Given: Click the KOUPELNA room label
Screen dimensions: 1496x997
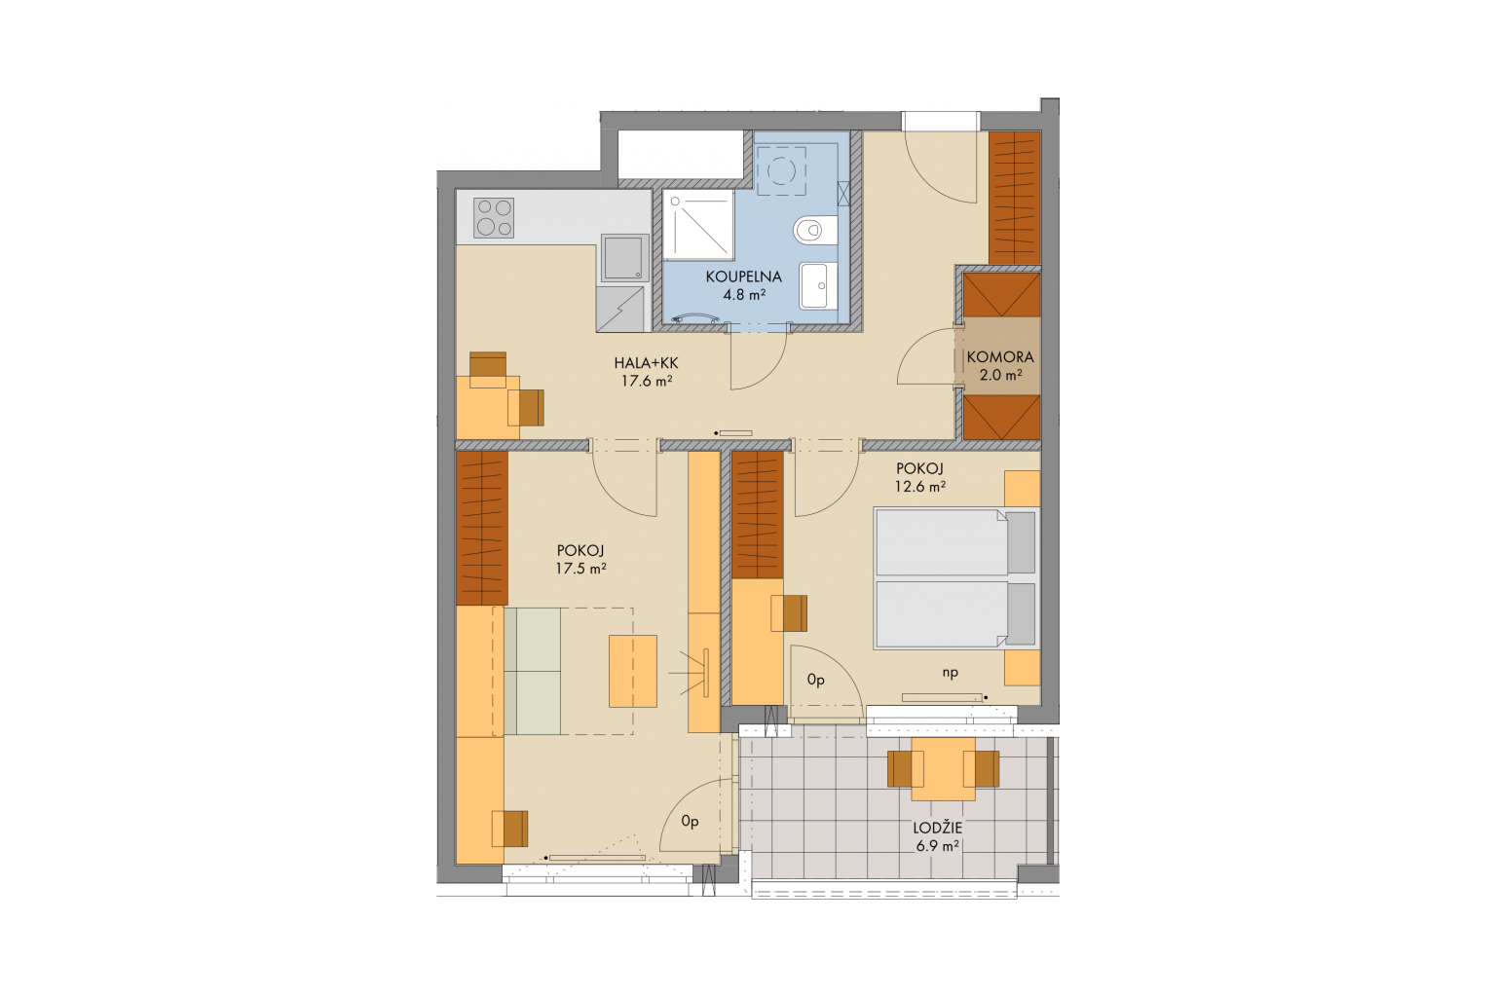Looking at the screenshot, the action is [743, 277].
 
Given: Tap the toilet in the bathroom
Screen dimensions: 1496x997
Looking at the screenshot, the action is [815, 231].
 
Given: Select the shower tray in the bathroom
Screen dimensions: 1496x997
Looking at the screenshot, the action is [698, 224].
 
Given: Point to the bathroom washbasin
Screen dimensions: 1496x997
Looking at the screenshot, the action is [819, 286].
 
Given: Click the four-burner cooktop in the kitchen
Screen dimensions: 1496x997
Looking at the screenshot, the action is [494, 218].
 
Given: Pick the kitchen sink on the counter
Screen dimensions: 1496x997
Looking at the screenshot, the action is [624, 257].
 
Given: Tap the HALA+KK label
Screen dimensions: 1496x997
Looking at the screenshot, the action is [646, 363].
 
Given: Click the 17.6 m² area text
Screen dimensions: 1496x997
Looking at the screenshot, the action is [647, 382].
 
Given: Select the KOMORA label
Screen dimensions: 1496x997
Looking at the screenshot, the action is [1000, 357].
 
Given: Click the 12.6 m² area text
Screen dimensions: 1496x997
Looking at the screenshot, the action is [919, 486].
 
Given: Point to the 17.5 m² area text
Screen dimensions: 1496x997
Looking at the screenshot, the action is [580, 569].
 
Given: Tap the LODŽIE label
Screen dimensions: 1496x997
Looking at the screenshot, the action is [938, 828].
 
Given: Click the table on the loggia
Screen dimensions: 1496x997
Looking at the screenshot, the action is [943, 768].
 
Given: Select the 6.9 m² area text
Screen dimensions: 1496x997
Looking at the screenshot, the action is [938, 846].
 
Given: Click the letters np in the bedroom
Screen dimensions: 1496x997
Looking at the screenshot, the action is [951, 673].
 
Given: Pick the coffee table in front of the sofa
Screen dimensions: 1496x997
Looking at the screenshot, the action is [632, 671].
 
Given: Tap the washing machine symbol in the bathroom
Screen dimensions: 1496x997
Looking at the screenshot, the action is [781, 171].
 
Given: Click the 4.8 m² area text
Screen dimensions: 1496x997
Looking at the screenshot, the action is [743, 294].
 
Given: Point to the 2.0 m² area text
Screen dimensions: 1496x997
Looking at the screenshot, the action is [1000, 375].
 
